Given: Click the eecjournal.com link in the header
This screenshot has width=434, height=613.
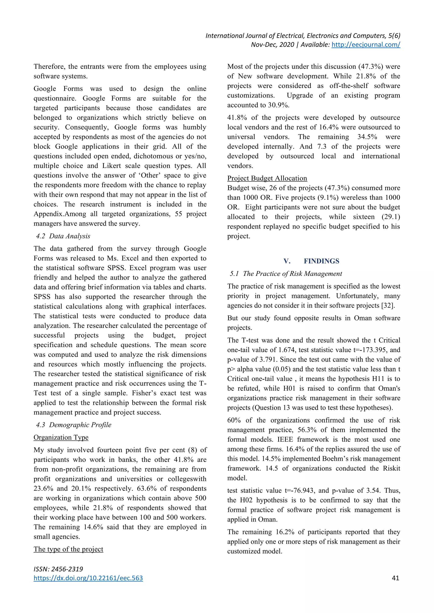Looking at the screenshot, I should [366, 45].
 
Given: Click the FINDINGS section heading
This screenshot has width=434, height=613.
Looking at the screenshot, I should [321, 261].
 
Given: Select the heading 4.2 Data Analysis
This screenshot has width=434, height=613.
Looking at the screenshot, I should [63, 236].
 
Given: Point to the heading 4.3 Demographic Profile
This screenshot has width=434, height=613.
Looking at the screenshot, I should [74, 425].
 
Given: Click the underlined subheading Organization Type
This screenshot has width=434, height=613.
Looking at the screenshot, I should [61, 437].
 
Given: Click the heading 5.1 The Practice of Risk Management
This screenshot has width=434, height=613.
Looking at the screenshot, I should [286, 274].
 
